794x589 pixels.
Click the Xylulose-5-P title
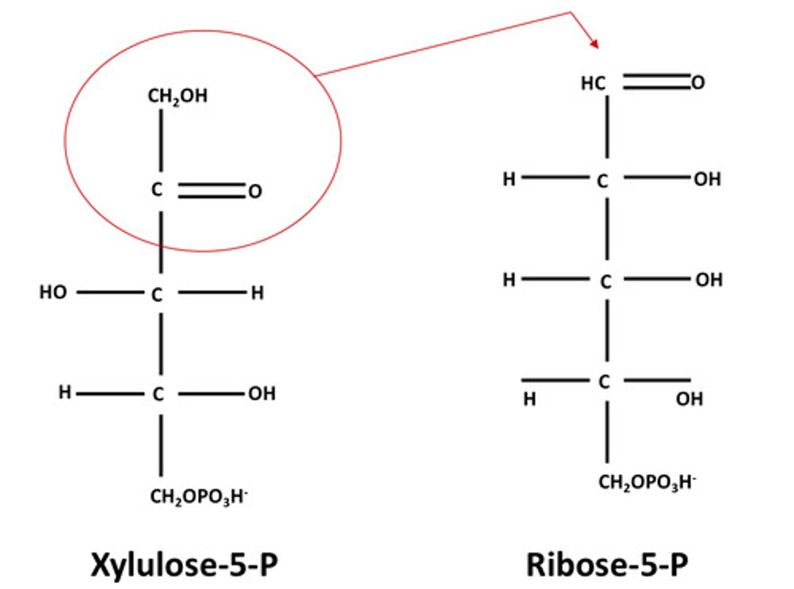[184, 565]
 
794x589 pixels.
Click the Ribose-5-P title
[607, 565]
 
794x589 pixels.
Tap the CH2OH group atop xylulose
[178, 96]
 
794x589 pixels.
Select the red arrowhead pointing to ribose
[594, 43]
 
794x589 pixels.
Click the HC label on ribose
[593, 83]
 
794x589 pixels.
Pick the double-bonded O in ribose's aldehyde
[698, 83]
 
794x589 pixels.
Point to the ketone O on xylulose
[255, 191]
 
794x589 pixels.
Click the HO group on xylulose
[53, 292]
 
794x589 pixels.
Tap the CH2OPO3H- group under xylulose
[199, 496]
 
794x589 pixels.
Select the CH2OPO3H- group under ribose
[647, 482]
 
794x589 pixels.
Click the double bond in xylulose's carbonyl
[212, 191]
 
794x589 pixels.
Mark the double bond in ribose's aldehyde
[656, 82]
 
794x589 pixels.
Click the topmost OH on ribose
[707, 179]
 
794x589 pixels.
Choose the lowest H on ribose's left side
[529, 398]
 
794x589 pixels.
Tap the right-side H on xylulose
[257, 293]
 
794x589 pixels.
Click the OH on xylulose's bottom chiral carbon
[262, 393]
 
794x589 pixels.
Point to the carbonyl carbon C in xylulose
[158, 190]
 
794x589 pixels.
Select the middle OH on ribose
[709, 280]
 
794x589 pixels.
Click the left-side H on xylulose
[65, 392]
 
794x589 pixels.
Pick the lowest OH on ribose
[689, 398]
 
